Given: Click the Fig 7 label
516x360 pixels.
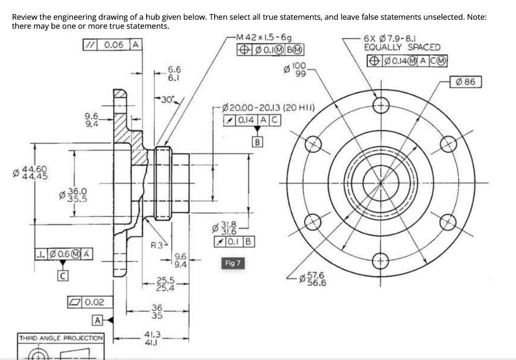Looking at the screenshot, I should coord(233,263).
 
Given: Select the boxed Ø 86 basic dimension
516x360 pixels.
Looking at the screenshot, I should coord(467,81).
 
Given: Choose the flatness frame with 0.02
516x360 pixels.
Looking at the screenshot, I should coord(87,302).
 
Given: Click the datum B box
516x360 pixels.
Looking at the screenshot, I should coord(257,141).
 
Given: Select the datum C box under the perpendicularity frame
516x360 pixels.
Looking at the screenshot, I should coord(62,276).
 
